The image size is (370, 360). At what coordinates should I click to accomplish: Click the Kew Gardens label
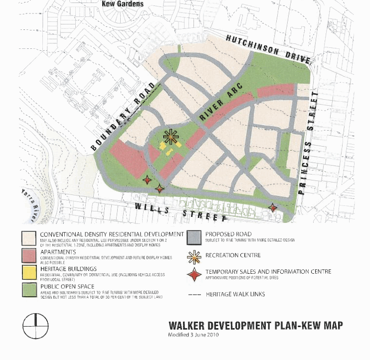point(122,4)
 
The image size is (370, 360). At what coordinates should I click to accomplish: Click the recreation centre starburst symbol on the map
point(171,136)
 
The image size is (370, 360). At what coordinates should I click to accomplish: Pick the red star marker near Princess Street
point(273,207)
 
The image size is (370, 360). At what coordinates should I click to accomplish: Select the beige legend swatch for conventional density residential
point(29,238)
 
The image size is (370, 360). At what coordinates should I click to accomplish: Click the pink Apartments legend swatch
point(29,255)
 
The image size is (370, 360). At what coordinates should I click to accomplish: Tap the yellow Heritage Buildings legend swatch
point(29,272)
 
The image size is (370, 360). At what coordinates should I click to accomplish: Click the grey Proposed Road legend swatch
point(194,238)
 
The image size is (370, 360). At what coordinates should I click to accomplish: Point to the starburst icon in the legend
point(194,256)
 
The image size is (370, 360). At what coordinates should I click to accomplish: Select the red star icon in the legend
point(194,274)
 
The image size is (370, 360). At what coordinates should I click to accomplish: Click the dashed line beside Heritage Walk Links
point(194,294)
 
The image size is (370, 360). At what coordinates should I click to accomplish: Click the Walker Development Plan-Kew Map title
point(255,326)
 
